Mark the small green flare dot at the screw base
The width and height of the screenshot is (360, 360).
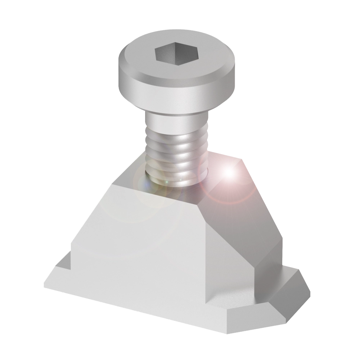coord(166,183)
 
